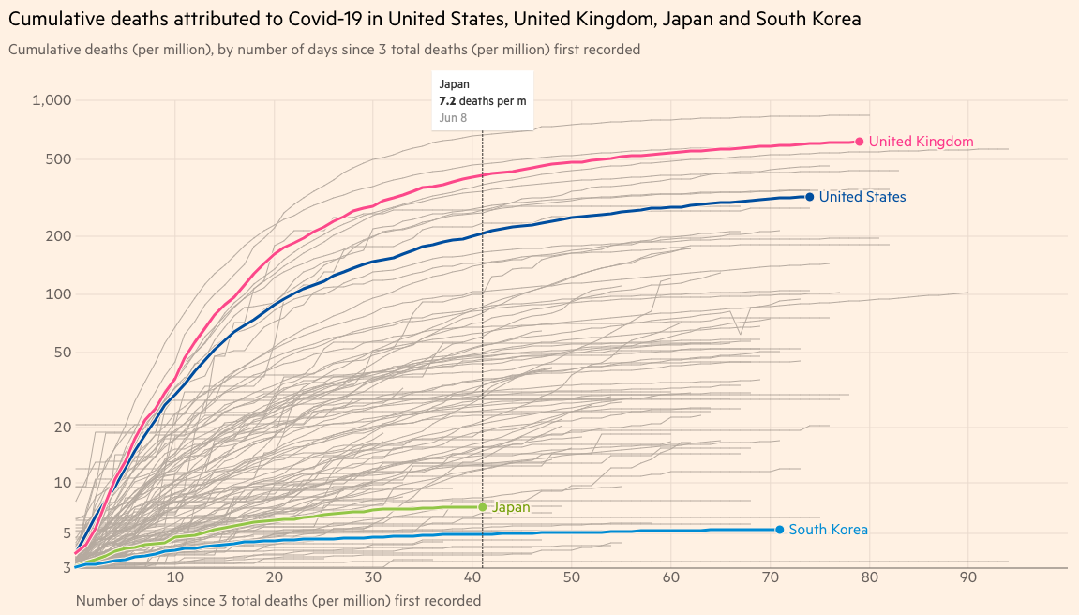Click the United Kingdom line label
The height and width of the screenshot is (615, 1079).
(921, 142)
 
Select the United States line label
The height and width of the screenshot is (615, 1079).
(862, 197)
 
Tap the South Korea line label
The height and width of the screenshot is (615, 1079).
(828, 530)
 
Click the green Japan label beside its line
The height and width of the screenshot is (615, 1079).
(512, 507)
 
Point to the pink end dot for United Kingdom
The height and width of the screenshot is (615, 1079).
(859, 142)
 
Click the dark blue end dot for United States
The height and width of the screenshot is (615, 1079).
(809, 197)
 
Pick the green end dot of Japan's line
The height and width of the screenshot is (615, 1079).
(483, 507)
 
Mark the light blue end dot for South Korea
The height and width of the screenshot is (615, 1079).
(779, 530)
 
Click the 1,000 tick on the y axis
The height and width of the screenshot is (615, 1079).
(52, 100)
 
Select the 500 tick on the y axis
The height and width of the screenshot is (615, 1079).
(59, 158)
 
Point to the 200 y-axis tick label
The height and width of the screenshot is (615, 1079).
(59, 235)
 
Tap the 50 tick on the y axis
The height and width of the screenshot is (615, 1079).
(63, 352)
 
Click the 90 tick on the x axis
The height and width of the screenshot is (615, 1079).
(968, 577)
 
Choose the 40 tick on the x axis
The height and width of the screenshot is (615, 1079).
(472, 577)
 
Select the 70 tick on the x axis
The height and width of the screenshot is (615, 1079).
(770, 577)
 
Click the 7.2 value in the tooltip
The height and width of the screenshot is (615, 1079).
(447, 100)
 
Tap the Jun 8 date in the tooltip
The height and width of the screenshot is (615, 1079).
(453, 117)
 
